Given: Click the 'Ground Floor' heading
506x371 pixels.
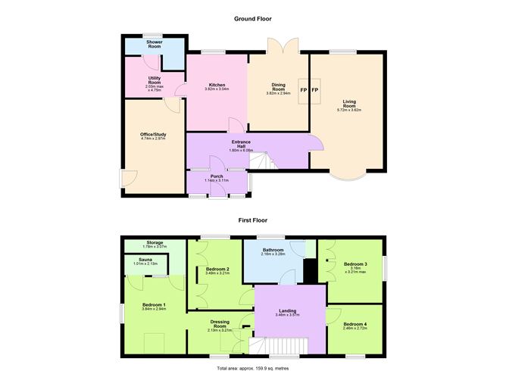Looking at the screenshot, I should [253, 19].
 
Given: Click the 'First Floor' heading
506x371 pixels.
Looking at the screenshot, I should [253, 220].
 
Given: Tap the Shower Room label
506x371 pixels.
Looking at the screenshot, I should [155, 45].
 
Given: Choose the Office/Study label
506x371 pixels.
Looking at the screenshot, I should [153, 135].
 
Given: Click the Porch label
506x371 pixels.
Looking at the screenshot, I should [217, 176].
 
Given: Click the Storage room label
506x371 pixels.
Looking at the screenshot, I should [154, 244].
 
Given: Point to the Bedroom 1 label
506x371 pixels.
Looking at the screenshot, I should [154, 306].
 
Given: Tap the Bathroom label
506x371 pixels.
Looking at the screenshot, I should [273, 251].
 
